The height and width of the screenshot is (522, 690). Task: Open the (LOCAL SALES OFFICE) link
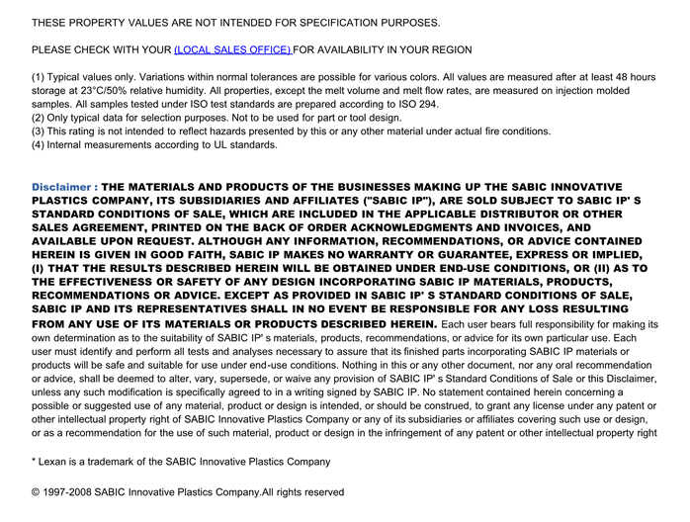(232, 49)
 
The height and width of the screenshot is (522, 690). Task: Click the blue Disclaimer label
(64, 187)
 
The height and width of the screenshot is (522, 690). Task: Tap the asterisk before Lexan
(35, 461)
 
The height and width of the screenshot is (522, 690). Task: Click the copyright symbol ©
(37, 492)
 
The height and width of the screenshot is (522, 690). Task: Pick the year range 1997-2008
(70, 492)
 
